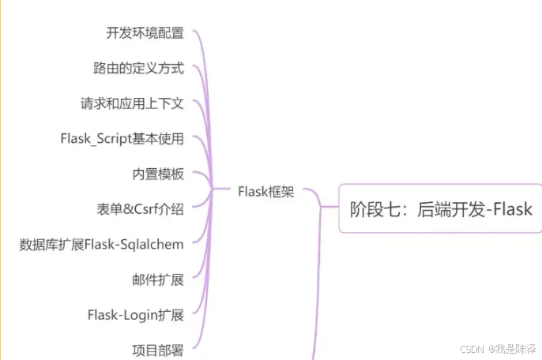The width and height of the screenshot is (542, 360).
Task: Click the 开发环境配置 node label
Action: click(145, 33)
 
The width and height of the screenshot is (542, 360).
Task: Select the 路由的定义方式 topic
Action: click(138, 68)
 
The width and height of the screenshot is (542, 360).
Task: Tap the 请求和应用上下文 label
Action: click(132, 103)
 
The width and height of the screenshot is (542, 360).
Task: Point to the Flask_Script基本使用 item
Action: click(122, 139)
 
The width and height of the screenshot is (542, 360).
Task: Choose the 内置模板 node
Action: click(158, 174)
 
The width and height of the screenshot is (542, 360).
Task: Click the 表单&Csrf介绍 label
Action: click(140, 209)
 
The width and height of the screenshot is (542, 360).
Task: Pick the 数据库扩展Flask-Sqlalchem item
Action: click(101, 245)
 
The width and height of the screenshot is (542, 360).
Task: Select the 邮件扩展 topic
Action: click(158, 280)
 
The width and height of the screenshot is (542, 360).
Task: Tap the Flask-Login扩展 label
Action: click(135, 315)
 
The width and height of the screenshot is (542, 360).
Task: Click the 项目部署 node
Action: click(158, 349)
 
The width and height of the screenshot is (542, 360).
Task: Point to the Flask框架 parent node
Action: click(265, 191)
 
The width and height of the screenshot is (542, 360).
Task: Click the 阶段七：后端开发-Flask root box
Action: click(440, 208)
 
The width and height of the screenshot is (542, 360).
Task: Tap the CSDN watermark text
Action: click(472, 347)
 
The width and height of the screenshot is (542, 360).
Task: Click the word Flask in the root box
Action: click(511, 209)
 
